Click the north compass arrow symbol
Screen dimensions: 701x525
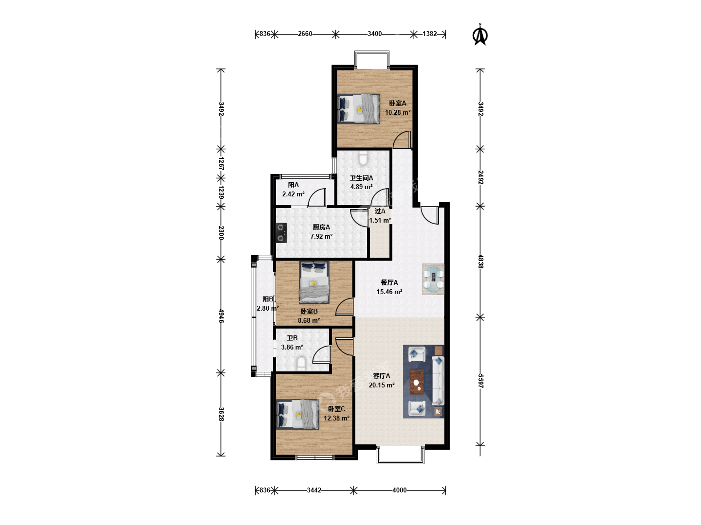coord(480,35)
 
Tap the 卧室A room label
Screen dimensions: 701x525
coord(398,103)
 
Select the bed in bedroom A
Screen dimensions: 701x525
coord(359,109)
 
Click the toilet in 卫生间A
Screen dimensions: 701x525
coord(363,158)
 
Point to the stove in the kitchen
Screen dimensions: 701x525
coord(281,233)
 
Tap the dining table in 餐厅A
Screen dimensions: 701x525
coord(433,279)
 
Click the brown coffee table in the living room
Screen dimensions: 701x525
coord(417,382)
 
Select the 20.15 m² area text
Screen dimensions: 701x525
coord(382,385)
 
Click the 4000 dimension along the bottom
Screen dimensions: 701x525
coord(400,490)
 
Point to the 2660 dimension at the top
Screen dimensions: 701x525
coord(305,34)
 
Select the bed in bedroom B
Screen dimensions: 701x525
coord(314,282)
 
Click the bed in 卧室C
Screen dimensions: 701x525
coord(297,415)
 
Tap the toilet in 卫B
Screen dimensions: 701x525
coord(301,364)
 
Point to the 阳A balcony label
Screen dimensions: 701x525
coord(293,185)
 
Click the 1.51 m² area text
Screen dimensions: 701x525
coord(380,220)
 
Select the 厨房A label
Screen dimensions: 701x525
coord(321,227)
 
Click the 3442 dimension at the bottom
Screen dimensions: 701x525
coord(314,490)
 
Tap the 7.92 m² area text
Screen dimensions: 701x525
coord(321,237)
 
